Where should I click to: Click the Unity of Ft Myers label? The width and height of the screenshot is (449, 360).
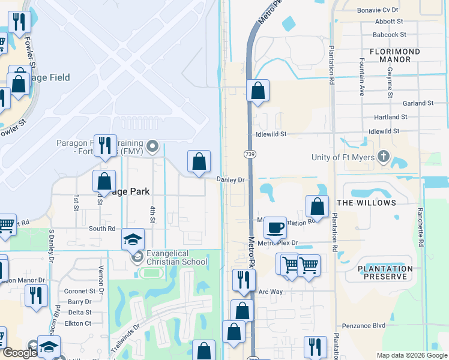(x=343, y=158)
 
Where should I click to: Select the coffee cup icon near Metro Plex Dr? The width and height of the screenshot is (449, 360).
(x=275, y=228)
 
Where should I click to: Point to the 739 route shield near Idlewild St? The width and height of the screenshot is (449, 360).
(x=249, y=154)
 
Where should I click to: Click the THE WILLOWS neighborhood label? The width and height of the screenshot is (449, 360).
(x=367, y=203)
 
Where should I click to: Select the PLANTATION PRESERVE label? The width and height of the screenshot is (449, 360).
(x=385, y=273)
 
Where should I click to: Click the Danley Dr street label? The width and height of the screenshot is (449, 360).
(x=231, y=180)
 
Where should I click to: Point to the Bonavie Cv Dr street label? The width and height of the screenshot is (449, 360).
(x=395, y=10)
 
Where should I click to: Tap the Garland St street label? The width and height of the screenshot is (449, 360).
(x=419, y=103)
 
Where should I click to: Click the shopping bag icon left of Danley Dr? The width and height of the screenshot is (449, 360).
(x=199, y=161)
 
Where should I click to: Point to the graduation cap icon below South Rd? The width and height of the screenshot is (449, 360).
(x=133, y=240)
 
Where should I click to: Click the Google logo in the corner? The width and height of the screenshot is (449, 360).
(x=20, y=353)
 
